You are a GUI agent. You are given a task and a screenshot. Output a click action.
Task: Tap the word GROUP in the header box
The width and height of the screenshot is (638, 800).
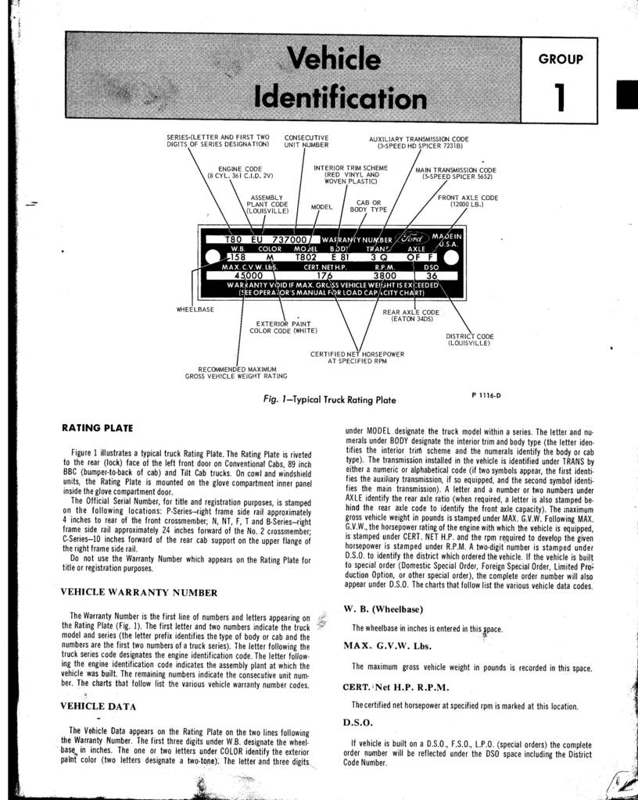[561, 59]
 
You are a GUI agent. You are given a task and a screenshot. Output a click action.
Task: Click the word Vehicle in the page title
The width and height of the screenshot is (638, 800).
[334, 59]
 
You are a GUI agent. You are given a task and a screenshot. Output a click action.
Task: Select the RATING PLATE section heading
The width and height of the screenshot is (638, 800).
[97, 427]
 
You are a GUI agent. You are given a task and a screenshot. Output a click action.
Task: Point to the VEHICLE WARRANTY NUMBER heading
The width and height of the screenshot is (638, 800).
[133, 591]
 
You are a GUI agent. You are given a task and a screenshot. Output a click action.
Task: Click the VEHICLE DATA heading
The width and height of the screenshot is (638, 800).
[99, 705]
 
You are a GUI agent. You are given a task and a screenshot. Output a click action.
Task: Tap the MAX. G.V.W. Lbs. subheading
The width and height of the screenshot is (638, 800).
[387, 645]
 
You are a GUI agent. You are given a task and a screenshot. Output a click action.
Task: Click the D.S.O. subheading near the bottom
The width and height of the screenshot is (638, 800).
[358, 722]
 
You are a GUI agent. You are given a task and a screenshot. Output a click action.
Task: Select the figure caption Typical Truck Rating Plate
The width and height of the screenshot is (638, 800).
[330, 400]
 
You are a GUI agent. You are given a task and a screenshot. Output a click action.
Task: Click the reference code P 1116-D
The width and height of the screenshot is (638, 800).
[486, 395]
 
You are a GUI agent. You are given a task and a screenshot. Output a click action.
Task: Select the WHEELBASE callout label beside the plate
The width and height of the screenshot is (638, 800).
[195, 309]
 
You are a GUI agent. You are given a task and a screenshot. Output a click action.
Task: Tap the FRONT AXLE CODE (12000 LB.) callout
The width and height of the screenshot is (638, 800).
[467, 202]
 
